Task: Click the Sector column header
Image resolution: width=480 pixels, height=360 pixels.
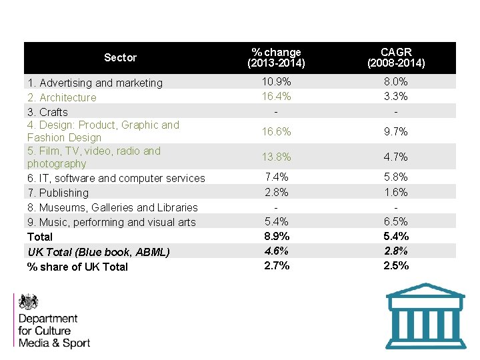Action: click(x=120, y=58)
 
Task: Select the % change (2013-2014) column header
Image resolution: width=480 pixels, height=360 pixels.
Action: click(x=276, y=58)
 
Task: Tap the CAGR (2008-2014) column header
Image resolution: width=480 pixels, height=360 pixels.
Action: click(x=397, y=58)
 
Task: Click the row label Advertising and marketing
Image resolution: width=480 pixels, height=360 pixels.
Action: click(x=95, y=83)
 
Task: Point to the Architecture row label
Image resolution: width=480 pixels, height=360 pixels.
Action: click(x=62, y=97)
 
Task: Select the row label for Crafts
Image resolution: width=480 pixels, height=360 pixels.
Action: click(x=47, y=112)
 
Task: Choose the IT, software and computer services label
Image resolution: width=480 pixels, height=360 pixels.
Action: click(x=116, y=178)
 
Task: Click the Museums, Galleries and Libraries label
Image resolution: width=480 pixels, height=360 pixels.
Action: click(x=112, y=207)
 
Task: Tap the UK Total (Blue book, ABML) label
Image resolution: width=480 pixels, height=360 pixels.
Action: click(x=99, y=251)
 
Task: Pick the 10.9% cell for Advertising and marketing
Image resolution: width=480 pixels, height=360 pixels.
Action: click(x=276, y=81)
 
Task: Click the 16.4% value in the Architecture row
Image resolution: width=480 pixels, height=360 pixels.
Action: click(x=276, y=96)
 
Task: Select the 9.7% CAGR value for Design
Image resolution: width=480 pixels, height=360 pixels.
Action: click(x=397, y=132)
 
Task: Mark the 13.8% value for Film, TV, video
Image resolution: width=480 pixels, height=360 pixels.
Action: click(x=276, y=157)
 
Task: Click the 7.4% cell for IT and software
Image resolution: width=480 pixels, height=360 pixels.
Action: click(x=276, y=177)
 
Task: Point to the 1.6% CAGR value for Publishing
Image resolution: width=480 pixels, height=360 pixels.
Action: click(x=397, y=192)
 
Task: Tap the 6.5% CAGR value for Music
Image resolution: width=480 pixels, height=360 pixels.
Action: click(x=397, y=221)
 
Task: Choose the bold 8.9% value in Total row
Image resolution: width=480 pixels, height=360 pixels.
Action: click(x=276, y=236)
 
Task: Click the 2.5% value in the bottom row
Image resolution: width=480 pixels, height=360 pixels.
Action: click(x=397, y=265)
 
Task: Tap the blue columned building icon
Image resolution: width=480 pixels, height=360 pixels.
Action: click(x=425, y=316)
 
